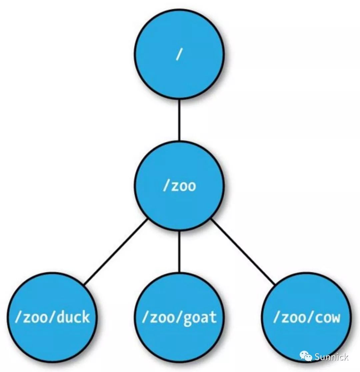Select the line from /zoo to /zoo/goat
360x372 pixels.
pos(179,252)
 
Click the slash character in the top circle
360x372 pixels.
pos(179,54)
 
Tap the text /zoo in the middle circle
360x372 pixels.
pos(179,186)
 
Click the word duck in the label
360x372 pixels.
pos(73,317)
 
